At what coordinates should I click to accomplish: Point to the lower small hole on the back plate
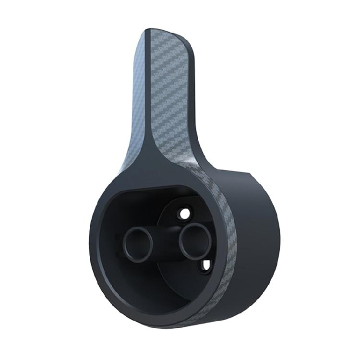click(x=205, y=264)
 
